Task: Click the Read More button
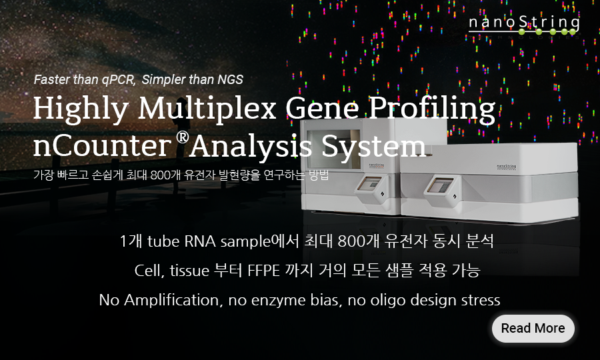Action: [x=533, y=328]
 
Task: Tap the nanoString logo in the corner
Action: [x=524, y=26]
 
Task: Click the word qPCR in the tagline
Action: [x=118, y=79]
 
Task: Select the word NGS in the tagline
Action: [x=231, y=79]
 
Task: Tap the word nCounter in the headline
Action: [x=102, y=146]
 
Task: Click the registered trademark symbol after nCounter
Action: [x=183, y=137]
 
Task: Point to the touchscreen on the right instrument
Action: [x=440, y=185]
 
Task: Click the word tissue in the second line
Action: [x=189, y=271]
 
